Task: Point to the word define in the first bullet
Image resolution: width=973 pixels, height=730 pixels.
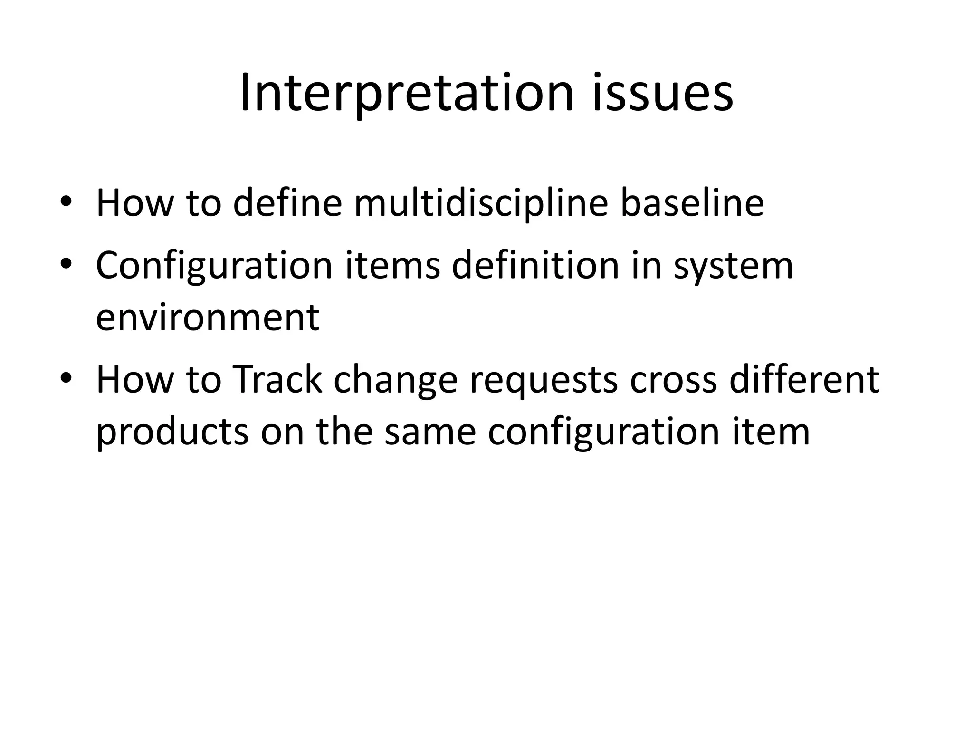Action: (x=287, y=203)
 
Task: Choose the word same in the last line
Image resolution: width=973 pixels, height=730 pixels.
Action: (x=430, y=432)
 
